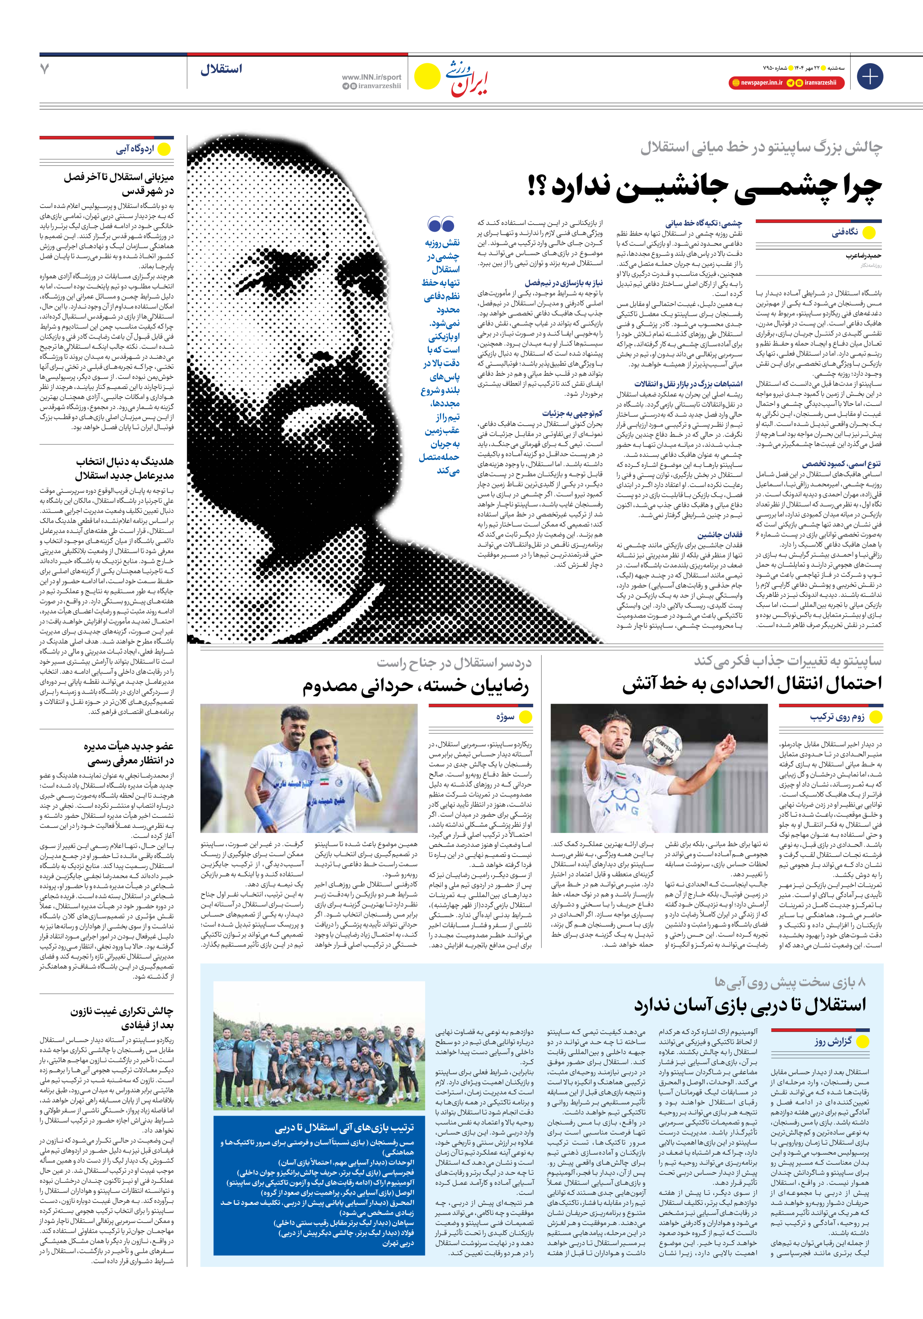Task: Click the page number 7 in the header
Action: (45, 69)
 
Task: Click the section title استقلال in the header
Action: (221, 69)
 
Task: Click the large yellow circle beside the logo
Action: (427, 76)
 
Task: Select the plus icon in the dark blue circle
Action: (869, 76)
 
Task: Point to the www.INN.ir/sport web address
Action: (371, 77)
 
